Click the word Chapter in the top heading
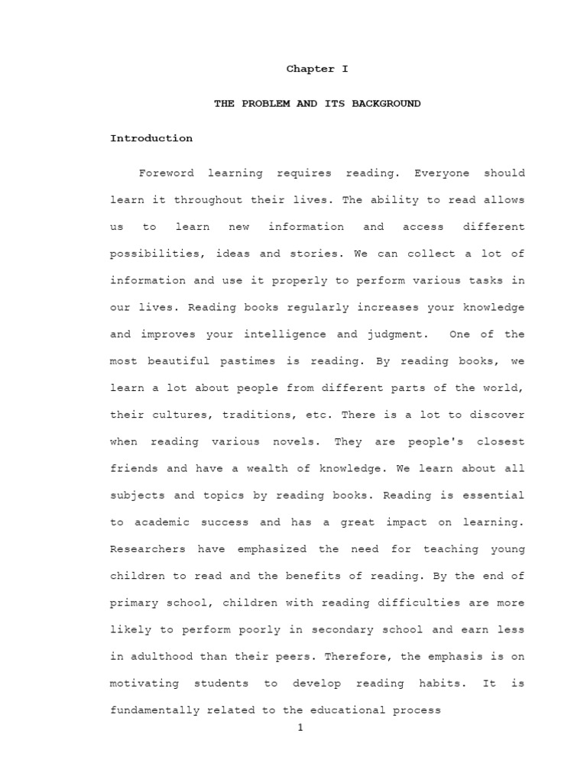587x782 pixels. point(303,69)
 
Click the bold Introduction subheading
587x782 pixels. point(151,138)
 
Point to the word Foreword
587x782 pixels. point(166,173)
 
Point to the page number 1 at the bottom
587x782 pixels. point(300,728)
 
